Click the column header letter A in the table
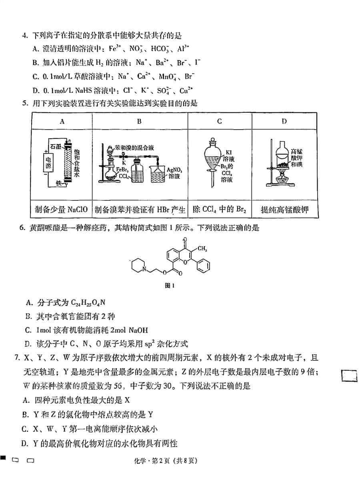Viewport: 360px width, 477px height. [x=62, y=122]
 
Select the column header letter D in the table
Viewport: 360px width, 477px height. [x=284, y=122]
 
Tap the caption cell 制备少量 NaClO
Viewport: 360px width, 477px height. [x=61, y=209]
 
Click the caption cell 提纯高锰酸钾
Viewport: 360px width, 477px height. [x=284, y=210]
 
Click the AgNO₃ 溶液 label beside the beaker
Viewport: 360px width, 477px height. [x=174, y=173]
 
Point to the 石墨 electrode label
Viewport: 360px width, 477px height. [x=56, y=146]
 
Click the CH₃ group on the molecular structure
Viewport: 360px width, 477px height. [x=202, y=249]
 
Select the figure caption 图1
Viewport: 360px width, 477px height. [x=169, y=285]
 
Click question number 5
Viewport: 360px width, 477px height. [x=25, y=103]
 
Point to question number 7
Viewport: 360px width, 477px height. [x=17, y=357]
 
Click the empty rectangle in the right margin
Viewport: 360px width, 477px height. [x=349, y=376]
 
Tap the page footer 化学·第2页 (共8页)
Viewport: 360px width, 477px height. [x=166, y=461]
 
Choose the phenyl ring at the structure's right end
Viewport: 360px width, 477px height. [x=203, y=266]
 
